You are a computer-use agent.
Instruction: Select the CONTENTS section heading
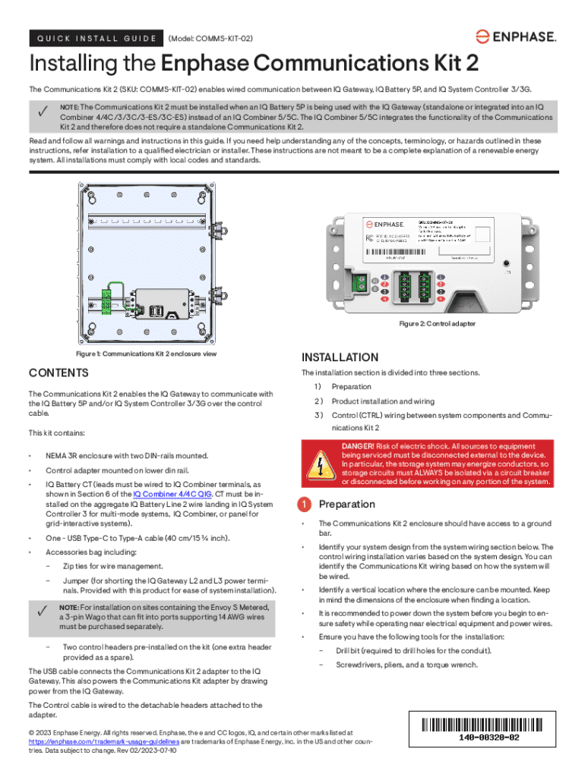pos(58,373)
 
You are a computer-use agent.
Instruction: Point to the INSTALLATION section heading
pos(340,357)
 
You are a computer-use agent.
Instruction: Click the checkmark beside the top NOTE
pos(43,112)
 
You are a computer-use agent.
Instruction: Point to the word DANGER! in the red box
pos(357,446)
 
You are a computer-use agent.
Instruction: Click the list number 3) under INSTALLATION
pos(319,415)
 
